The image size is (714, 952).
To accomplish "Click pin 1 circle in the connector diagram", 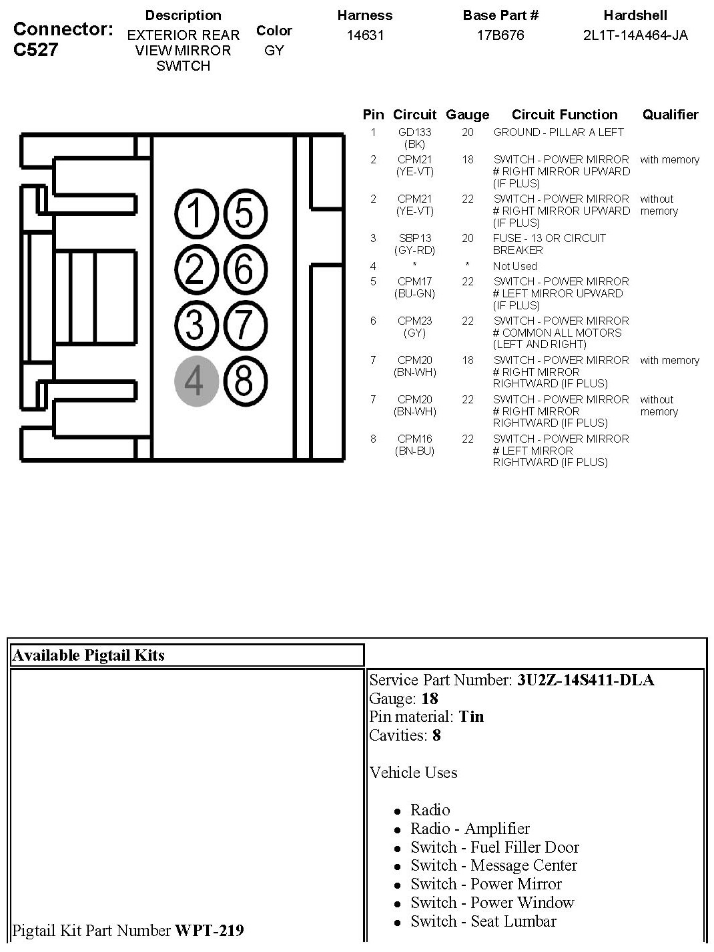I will [x=196, y=215].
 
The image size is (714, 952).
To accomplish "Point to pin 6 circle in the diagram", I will [x=244, y=270].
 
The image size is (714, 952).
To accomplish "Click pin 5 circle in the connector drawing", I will [x=244, y=215].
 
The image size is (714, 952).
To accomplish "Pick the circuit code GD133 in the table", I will [x=414, y=132].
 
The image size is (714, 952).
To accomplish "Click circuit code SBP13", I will [x=414, y=238].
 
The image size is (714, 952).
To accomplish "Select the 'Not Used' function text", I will [x=514, y=266].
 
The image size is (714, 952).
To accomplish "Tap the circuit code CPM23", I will [x=414, y=321].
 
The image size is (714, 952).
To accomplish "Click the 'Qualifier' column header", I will [x=670, y=115].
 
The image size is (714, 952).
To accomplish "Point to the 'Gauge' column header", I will [x=467, y=115].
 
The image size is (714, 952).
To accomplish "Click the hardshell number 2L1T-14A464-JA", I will [x=635, y=35].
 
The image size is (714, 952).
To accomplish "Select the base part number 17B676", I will [x=500, y=35].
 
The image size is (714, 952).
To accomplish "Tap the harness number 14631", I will [x=365, y=35].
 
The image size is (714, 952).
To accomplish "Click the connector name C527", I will [x=35, y=50].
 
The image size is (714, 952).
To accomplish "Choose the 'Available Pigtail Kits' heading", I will [x=89, y=655].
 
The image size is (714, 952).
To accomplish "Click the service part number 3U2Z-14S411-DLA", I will [x=585, y=680].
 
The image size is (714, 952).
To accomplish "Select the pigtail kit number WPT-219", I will [x=209, y=930].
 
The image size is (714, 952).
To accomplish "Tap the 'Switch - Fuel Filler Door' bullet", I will [x=494, y=847].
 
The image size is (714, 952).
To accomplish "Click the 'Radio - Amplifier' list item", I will [x=470, y=829].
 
